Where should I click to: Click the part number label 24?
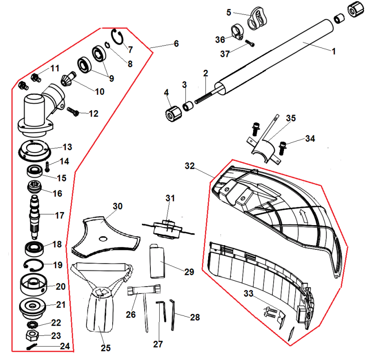pos(65,346)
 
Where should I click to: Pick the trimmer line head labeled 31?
pos(167,227)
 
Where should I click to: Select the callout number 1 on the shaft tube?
pos(333,52)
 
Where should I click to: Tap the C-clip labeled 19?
pos(34,266)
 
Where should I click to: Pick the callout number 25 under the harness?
pos(105,348)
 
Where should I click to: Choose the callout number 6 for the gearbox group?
pos(176,44)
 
